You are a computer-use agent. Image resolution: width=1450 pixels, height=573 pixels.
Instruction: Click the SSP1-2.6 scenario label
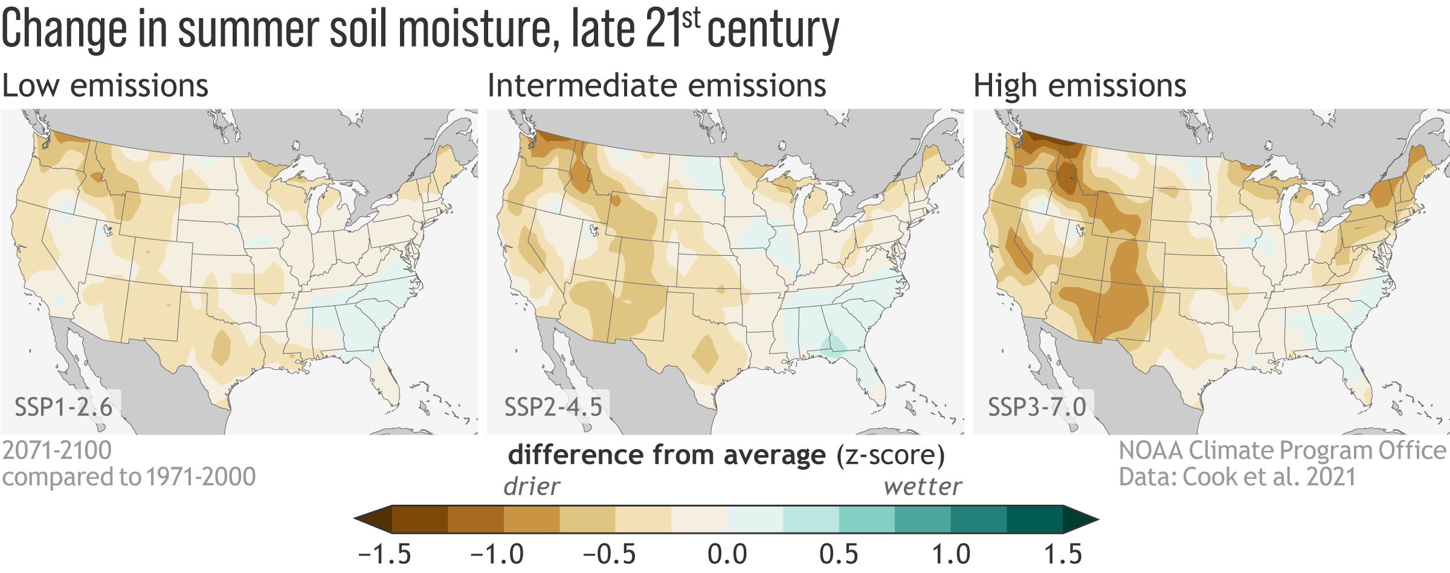pyautogui.click(x=63, y=407)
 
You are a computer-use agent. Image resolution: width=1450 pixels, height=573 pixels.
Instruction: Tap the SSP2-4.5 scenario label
pyautogui.click(x=553, y=407)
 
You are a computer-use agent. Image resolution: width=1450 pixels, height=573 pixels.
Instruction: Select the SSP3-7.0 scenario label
pyautogui.click(x=1037, y=407)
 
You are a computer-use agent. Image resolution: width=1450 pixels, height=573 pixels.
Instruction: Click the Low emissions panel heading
pyautogui.click(x=105, y=85)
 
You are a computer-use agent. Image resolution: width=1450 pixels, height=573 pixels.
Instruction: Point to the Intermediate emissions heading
pyautogui.click(x=657, y=85)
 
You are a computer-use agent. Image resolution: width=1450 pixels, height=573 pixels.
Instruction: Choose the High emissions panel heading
pyautogui.click(x=1080, y=85)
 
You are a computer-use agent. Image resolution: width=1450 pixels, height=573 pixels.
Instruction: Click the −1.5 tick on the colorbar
pyautogui.click(x=384, y=554)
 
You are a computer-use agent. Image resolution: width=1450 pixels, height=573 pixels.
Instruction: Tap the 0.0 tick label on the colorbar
pyautogui.click(x=727, y=554)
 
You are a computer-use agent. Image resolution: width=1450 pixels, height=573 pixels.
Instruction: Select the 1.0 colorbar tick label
pyautogui.click(x=951, y=554)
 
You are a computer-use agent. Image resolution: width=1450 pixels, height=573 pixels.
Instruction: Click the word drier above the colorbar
pyautogui.click(x=532, y=487)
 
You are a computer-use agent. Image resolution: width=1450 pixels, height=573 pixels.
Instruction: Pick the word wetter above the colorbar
pyautogui.click(x=923, y=487)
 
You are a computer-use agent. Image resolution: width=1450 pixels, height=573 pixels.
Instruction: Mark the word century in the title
pyautogui.click(x=773, y=30)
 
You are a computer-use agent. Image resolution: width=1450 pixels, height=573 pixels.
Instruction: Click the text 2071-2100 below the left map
pyautogui.click(x=57, y=450)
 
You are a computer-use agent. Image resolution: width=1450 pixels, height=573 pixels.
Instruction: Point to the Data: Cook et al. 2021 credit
pyautogui.click(x=1237, y=477)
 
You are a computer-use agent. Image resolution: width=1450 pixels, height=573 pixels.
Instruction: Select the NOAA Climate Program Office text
pyautogui.click(x=1282, y=450)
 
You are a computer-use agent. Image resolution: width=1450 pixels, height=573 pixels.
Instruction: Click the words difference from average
pyautogui.click(x=666, y=455)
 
